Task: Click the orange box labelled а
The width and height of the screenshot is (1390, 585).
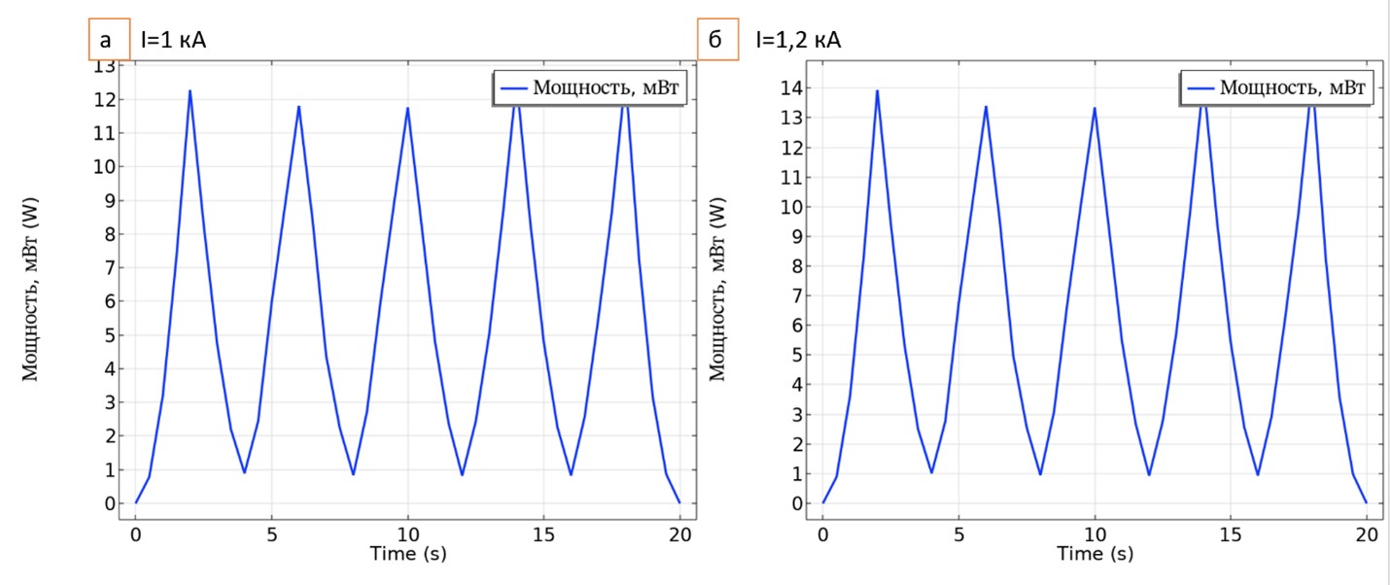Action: pyautogui.click(x=107, y=41)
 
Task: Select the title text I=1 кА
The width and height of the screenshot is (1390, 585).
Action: pyautogui.click(x=174, y=41)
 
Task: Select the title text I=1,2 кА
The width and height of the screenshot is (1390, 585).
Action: pyautogui.click(x=798, y=41)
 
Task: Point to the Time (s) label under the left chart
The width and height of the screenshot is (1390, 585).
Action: pyautogui.click(x=408, y=553)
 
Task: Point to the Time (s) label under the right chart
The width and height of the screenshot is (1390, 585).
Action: pyautogui.click(x=1095, y=553)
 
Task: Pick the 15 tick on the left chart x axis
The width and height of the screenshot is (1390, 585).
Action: pyautogui.click(x=543, y=534)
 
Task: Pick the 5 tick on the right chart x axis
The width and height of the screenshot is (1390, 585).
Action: pyautogui.click(x=958, y=534)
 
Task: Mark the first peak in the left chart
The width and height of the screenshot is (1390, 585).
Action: pyautogui.click(x=190, y=91)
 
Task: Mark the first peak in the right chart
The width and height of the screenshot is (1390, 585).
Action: pyautogui.click(x=877, y=91)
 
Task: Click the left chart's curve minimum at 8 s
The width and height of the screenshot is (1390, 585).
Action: pyautogui.click(x=353, y=474)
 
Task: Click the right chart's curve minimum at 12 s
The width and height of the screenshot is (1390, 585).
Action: pyautogui.click(x=1149, y=475)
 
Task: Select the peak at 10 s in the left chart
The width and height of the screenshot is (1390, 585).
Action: pyautogui.click(x=407, y=108)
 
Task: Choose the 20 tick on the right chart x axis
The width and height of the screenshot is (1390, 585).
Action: pyautogui.click(x=1367, y=534)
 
